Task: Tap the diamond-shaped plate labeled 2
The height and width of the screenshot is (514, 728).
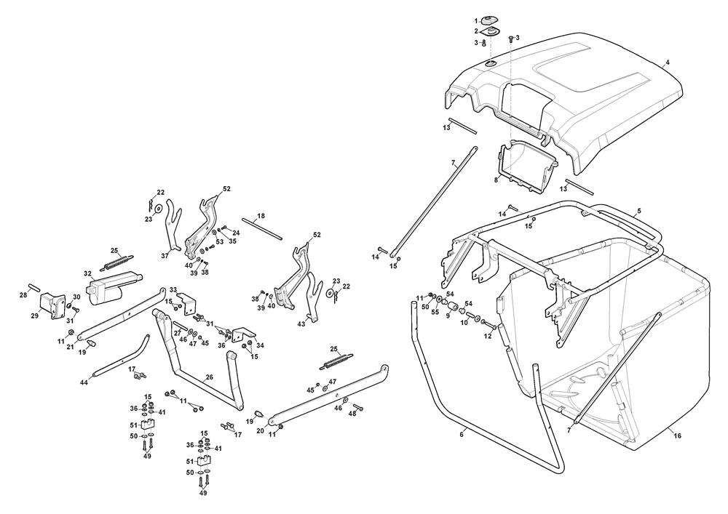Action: point(489,31)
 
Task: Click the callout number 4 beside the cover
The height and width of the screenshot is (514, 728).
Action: point(668,62)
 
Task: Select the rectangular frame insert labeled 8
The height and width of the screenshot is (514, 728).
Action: point(527,167)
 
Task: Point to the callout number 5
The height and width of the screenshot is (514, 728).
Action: point(639,211)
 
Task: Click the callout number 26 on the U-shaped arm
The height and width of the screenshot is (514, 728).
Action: point(210,377)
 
